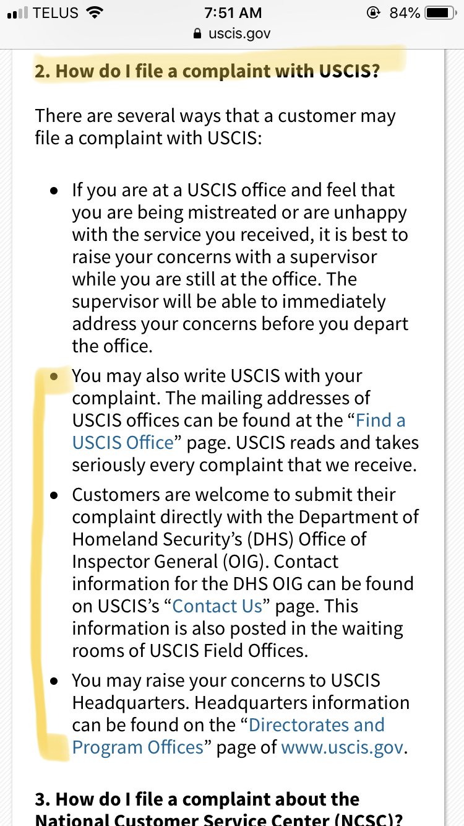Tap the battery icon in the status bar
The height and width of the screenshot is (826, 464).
[x=440, y=13]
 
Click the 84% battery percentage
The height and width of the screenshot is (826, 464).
[x=405, y=13]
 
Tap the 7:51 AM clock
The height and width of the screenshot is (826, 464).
[x=232, y=13]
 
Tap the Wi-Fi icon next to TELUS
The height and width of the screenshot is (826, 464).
[x=94, y=13]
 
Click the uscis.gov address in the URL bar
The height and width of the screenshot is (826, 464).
[x=239, y=33]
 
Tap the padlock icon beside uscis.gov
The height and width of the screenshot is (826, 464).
[x=197, y=33]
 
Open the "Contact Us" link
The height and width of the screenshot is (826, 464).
[x=217, y=606]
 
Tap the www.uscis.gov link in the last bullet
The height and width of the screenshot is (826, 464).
[x=342, y=747]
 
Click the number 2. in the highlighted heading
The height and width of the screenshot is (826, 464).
[x=42, y=71]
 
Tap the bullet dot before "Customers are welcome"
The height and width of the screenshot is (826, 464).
[x=54, y=495]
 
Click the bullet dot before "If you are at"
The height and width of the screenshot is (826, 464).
[x=54, y=191]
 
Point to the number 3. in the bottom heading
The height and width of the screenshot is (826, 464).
[x=42, y=799]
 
